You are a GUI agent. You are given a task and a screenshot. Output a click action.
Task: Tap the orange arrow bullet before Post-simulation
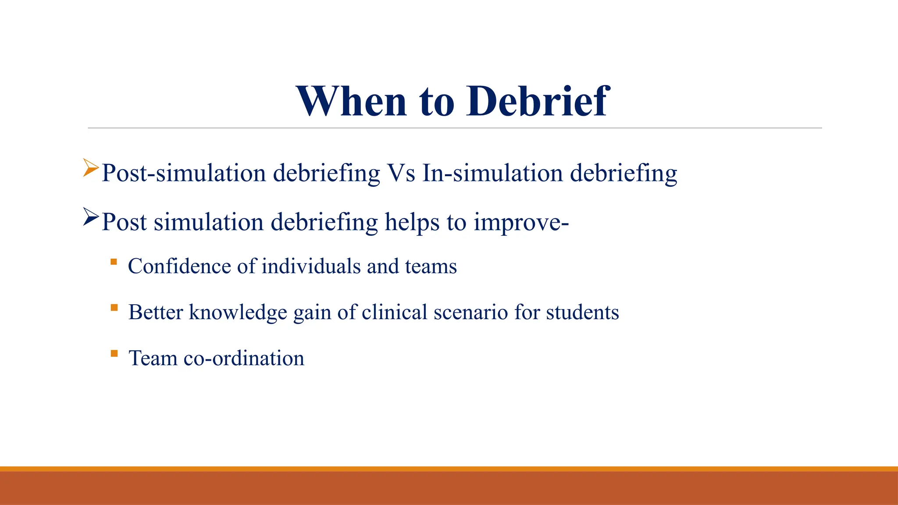point(91,168)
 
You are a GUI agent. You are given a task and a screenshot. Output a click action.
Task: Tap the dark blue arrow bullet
point(91,217)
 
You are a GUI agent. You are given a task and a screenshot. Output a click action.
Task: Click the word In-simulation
point(492,173)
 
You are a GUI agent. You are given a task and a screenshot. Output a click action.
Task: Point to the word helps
point(412,222)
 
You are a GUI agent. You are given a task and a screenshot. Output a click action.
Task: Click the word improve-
point(521,222)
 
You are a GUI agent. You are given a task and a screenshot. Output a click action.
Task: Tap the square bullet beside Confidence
point(114,262)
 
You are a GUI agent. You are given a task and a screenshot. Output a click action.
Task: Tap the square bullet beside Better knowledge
point(114,308)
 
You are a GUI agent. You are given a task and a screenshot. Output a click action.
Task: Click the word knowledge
point(238,313)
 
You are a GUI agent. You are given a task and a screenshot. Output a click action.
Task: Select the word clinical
point(394,313)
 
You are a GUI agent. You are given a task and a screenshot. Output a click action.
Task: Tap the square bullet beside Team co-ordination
point(114,353)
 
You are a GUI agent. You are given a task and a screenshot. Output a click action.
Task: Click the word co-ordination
point(244,359)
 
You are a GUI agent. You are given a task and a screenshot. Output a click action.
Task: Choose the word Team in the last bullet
point(153,359)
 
